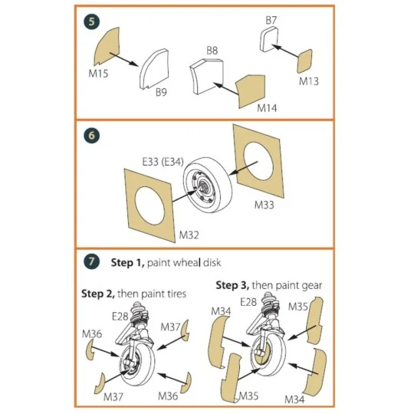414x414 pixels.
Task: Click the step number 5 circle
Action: pos(92,21)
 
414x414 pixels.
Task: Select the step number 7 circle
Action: pos(92,261)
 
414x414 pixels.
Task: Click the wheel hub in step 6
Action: pos(202,186)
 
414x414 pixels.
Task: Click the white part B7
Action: pos(272,40)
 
